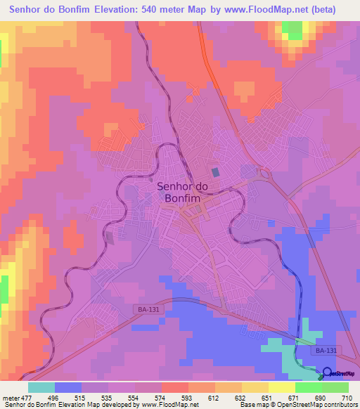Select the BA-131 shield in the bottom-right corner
click(x=326, y=350)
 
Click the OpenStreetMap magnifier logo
click(x=328, y=375)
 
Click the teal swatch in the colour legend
click(x=41, y=387)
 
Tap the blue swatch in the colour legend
click(x=68, y=387)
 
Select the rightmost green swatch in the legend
click(x=335, y=387)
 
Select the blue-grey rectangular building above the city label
click(x=215, y=171)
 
